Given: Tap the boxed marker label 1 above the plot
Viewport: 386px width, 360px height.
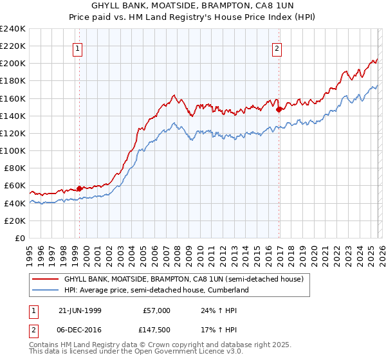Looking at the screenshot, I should pyautogui.click(x=77, y=48).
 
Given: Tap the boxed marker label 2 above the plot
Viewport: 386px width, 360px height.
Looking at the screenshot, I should pyautogui.click(x=277, y=48).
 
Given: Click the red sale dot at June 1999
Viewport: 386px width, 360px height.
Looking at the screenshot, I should pyautogui.click(x=80, y=188).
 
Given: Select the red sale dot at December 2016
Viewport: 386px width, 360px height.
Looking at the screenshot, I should pyautogui.click(x=279, y=109).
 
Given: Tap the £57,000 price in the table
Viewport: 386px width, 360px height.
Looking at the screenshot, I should pyautogui.click(x=156, y=310).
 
